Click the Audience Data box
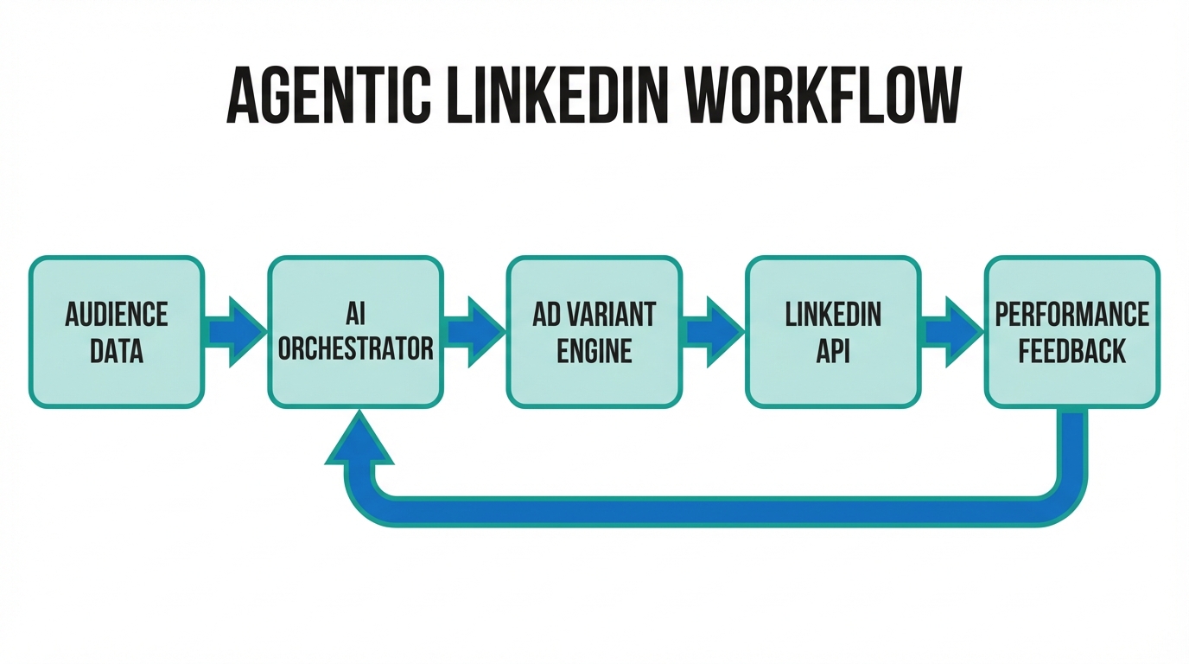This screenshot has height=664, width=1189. click(x=117, y=332)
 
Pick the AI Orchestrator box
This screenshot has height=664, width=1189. click(x=355, y=332)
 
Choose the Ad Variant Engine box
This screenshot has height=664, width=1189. click(x=594, y=332)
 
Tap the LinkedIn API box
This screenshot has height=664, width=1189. click(x=833, y=332)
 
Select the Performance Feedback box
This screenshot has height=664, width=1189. click(x=1071, y=332)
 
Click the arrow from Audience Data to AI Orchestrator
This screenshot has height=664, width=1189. click(x=236, y=332)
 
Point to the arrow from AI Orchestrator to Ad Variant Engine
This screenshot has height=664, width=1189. click(x=474, y=332)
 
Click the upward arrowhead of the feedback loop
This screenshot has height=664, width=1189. click(x=359, y=441)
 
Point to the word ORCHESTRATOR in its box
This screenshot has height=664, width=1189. click(x=355, y=348)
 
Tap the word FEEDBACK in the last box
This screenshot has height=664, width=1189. click(x=1071, y=351)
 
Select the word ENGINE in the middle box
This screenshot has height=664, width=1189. click(x=594, y=351)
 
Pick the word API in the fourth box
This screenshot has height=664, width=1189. click(x=833, y=351)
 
